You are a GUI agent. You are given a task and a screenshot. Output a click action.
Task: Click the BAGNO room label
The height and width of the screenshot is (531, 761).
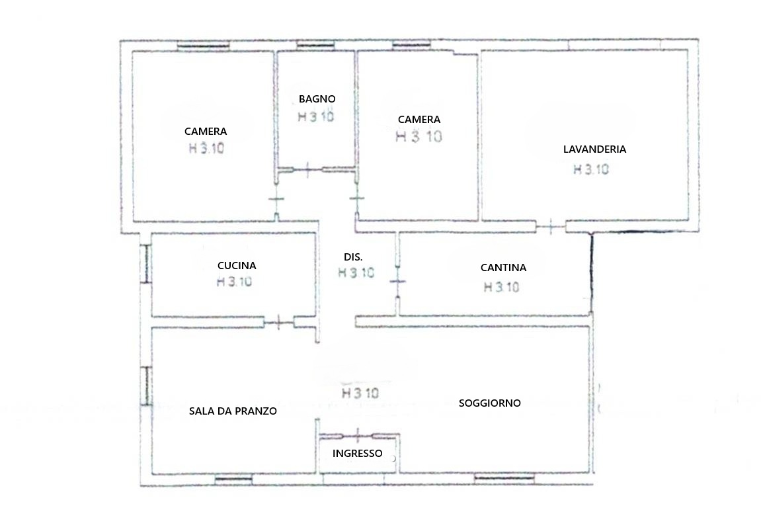pyautogui.click(x=317, y=99)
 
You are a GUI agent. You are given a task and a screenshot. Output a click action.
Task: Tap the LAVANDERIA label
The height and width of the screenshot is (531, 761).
pyautogui.click(x=594, y=149)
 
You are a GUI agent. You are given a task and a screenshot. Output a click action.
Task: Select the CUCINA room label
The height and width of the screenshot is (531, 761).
pyautogui.click(x=236, y=266)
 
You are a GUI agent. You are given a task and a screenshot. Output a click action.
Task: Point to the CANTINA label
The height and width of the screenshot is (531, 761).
pyautogui.click(x=503, y=267)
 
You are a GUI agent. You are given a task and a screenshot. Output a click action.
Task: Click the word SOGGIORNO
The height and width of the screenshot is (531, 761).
pyautogui.click(x=490, y=403)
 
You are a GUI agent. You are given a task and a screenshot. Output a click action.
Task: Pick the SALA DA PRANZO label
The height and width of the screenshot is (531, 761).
pyautogui.click(x=233, y=411)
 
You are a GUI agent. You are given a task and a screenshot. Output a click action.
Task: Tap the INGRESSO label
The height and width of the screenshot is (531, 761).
pyautogui.click(x=357, y=454)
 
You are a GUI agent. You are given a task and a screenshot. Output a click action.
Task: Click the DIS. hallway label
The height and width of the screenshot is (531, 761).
pyautogui.click(x=353, y=257)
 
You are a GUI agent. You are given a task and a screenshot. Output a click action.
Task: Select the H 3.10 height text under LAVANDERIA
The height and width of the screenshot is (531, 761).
pyautogui.click(x=591, y=169)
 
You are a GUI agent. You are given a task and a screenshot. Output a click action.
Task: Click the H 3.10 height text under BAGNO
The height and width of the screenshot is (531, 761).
pyautogui.click(x=316, y=116)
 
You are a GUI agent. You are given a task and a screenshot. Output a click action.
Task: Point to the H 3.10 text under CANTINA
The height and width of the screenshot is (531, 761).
pyautogui.click(x=501, y=288)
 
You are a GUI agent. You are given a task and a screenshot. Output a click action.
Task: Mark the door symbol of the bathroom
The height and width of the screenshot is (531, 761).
pyautogui.click(x=307, y=170)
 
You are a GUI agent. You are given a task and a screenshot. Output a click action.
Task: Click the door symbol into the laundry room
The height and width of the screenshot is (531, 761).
pyautogui.click(x=550, y=226)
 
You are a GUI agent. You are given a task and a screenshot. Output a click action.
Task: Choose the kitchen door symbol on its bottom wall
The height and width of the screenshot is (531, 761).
pyautogui.click(x=278, y=322)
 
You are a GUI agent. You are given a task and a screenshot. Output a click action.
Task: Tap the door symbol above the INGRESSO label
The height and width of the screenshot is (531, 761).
pyautogui.click(x=357, y=435)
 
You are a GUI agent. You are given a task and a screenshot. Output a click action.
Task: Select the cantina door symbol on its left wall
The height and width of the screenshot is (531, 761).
pyautogui.click(x=398, y=281)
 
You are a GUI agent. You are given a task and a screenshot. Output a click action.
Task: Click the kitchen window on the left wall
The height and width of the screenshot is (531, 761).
pyautogui.click(x=145, y=264)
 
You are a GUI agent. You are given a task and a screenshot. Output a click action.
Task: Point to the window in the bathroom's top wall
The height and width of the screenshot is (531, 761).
pyautogui.click(x=315, y=46)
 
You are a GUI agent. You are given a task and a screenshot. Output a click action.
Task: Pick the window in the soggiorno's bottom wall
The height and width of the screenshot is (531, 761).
pyautogui.click(x=504, y=479)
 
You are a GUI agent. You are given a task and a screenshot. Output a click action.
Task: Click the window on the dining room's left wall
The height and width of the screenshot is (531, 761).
pyautogui.click(x=145, y=386)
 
